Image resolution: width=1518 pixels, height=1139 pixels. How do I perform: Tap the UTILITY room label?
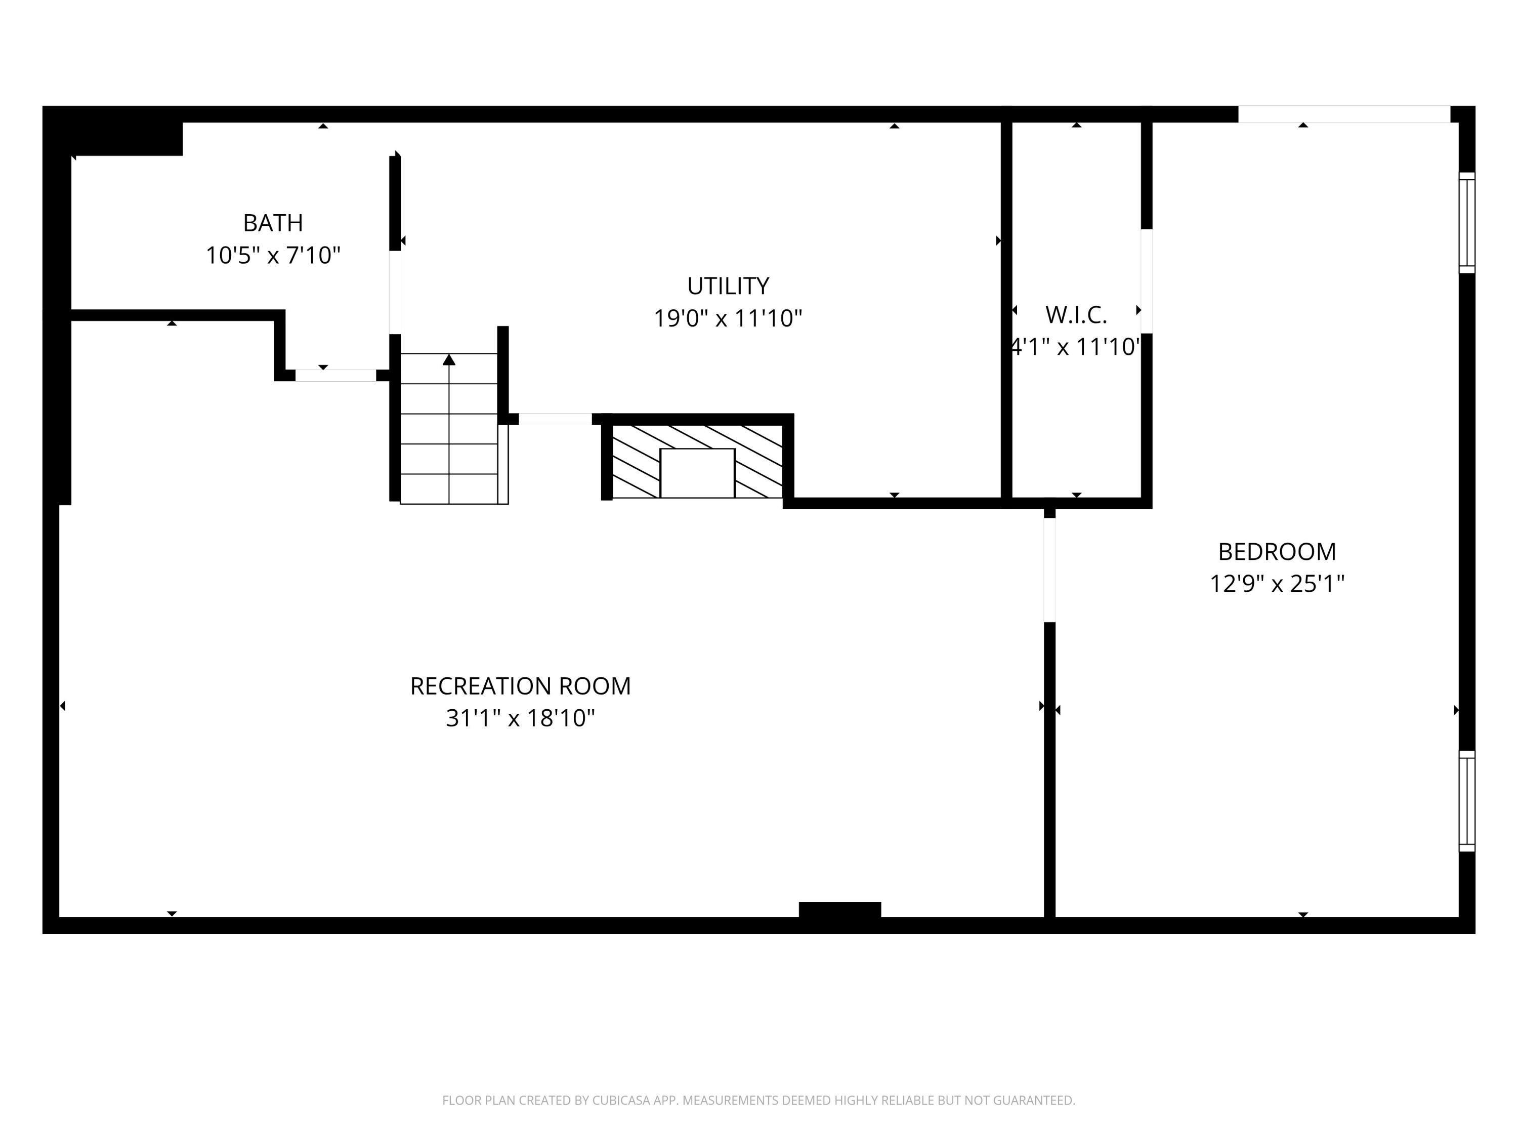pyautogui.click(x=728, y=286)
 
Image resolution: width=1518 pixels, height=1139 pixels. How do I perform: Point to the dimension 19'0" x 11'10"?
pyautogui.click(x=728, y=318)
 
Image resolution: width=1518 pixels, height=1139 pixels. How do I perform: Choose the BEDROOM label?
pyautogui.click(x=1277, y=551)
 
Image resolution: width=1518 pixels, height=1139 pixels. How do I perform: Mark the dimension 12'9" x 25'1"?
pyautogui.click(x=1277, y=584)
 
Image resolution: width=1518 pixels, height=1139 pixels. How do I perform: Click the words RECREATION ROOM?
pyautogui.click(x=520, y=686)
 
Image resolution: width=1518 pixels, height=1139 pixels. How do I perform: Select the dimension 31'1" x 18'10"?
pyautogui.click(x=520, y=718)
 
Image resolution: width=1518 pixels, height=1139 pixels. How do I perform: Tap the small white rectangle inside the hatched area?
pyautogui.click(x=697, y=473)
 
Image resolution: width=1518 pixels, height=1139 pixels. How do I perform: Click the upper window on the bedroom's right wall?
pyautogui.click(x=1466, y=222)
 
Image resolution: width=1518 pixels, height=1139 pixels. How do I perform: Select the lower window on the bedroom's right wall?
pyautogui.click(x=1466, y=801)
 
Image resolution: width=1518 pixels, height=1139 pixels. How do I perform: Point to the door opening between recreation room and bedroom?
pyautogui.click(x=1049, y=570)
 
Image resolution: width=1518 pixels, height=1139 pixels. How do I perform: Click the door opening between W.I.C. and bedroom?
pyautogui.click(x=1146, y=281)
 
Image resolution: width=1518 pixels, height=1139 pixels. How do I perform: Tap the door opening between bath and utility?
pyautogui.click(x=395, y=293)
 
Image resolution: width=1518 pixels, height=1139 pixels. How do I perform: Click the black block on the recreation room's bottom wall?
pyautogui.click(x=839, y=910)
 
